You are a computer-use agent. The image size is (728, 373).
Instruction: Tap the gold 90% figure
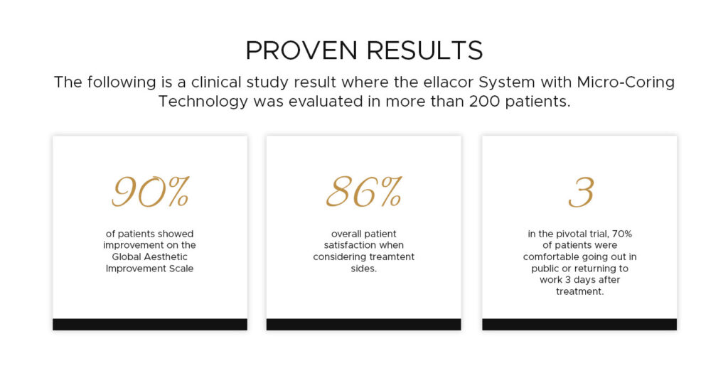[150, 192]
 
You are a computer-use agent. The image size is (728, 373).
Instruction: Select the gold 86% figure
[363, 192]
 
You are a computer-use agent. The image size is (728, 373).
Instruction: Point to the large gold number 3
[581, 192]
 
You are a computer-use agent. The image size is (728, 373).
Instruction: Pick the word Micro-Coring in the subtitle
[626, 82]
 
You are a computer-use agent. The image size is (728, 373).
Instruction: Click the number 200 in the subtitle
[485, 101]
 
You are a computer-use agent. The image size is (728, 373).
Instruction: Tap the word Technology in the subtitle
[203, 102]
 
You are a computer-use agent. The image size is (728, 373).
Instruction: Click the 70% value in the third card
[623, 234]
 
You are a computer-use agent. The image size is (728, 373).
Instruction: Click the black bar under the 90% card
[150, 324]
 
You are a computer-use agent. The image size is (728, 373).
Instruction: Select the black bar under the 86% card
[363, 324]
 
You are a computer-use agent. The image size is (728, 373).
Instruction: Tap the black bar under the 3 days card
[579, 324]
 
